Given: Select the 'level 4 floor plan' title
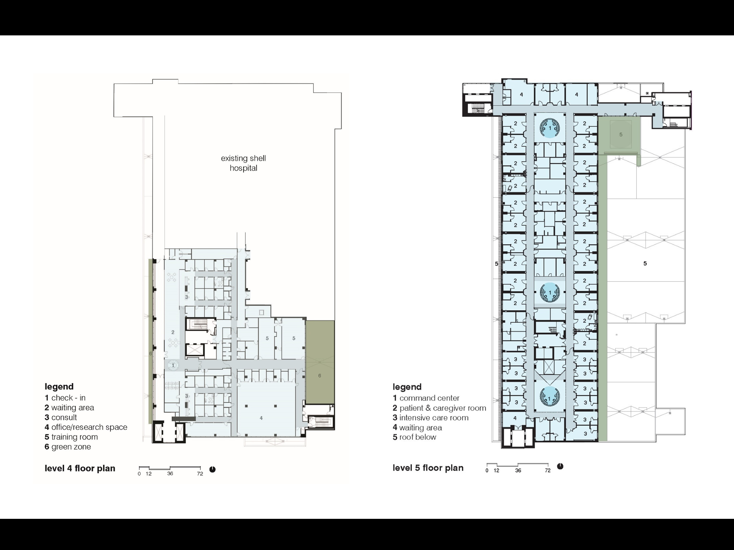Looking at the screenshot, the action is [80, 468].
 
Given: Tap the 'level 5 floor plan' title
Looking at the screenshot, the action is [428, 468].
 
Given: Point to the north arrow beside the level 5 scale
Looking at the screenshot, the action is [560, 466].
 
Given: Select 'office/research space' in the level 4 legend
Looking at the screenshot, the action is [89, 427].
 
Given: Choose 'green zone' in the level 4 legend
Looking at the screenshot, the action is [71, 447].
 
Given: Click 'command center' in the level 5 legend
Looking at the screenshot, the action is [429, 398].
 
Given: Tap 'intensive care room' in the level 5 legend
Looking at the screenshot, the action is [434, 418].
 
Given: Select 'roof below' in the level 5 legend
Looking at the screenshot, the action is [418, 437].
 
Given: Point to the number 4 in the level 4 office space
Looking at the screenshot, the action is [261, 418].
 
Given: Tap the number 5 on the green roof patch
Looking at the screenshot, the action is [621, 135].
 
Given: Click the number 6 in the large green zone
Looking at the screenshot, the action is [319, 376].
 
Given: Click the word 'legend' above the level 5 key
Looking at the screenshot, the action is [407, 387].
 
